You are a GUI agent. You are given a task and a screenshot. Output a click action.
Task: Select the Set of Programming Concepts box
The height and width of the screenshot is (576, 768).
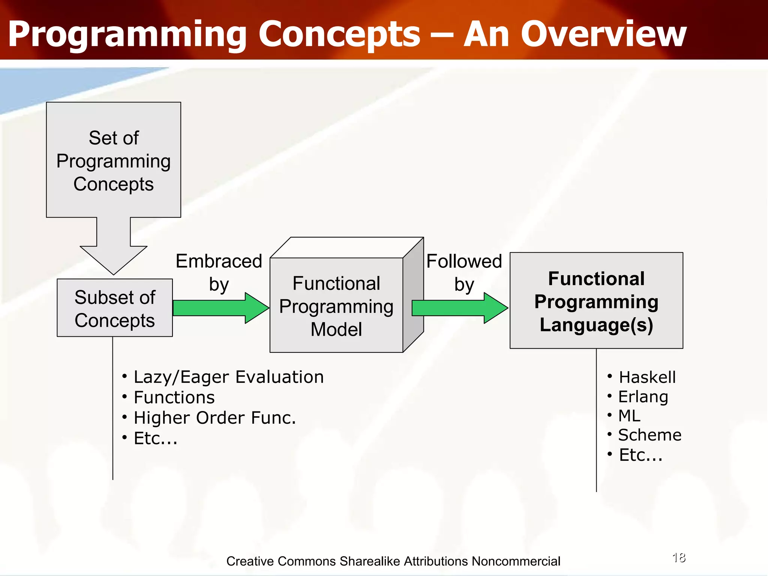(x=113, y=160)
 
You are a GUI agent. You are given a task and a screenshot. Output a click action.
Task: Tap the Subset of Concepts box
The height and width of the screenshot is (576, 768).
(x=115, y=308)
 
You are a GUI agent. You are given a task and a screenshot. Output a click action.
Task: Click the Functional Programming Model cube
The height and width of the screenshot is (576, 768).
(x=336, y=306)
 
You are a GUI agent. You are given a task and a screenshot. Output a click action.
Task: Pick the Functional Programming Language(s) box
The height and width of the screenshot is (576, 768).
(x=596, y=301)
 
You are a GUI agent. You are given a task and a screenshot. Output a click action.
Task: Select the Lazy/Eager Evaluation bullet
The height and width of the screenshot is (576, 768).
(x=228, y=377)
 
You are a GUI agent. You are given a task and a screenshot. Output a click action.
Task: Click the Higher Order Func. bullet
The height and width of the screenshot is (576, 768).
(x=214, y=418)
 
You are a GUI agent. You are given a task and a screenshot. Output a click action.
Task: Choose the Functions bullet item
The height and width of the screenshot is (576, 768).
(x=174, y=397)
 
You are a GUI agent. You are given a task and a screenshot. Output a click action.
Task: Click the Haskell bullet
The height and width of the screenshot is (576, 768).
(x=647, y=377)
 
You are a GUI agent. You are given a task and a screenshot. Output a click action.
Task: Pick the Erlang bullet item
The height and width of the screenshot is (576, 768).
(x=643, y=397)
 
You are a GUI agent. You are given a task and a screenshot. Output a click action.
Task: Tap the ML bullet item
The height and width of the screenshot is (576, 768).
(x=629, y=416)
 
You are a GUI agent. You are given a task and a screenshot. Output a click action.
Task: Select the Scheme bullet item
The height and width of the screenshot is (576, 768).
(x=649, y=435)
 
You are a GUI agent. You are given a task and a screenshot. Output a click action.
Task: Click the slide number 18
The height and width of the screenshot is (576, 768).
(x=679, y=558)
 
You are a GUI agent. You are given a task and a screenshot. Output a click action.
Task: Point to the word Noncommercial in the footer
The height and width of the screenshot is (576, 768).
(x=516, y=561)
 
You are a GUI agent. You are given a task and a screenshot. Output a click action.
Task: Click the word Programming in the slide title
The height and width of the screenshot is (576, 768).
(x=127, y=34)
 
